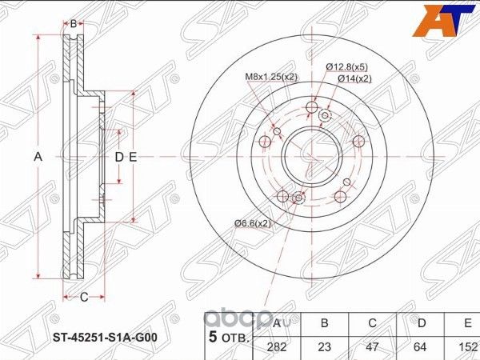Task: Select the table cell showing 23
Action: (325, 346)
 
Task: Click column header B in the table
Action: (325, 323)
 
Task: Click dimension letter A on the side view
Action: (38, 157)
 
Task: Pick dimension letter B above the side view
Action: (73, 24)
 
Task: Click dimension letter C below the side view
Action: (82, 298)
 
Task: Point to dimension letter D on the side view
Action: (118, 157)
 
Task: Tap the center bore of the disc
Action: (309, 151)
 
